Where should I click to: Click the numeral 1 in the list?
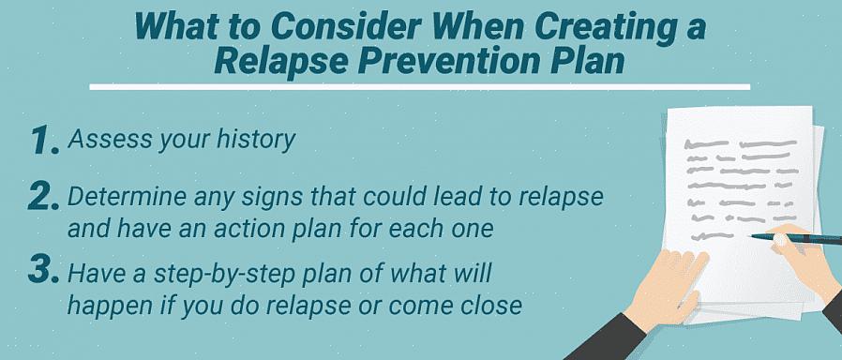43,141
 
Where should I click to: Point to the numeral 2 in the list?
43,197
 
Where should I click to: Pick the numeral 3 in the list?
43,270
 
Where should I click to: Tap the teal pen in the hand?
796,238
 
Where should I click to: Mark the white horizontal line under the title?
419,87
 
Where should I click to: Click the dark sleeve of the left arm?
608,338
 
